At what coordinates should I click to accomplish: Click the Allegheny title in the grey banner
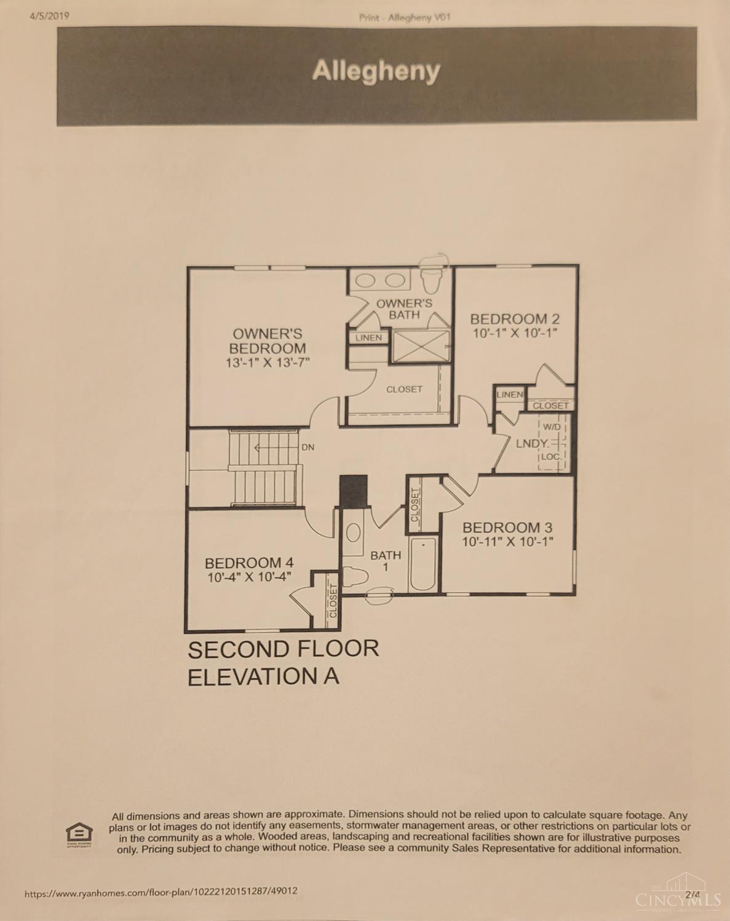coord(376,71)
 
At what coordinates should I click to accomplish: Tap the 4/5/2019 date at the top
coord(50,16)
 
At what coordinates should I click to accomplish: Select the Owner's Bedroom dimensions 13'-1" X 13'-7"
coord(268,363)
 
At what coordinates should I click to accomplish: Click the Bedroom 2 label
coord(515,319)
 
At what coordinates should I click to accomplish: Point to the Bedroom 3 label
coord(507,528)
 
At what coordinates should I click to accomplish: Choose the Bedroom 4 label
coord(249,563)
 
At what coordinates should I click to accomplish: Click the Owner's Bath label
coord(404,309)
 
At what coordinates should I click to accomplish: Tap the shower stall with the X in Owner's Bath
coord(421,346)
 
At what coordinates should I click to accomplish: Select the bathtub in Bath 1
coord(423,564)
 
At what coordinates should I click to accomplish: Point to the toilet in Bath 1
coord(356,577)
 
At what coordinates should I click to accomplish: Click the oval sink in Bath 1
coord(353,533)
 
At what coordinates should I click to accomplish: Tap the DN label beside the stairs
coord(308,447)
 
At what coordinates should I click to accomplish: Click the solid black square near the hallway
coord(354,491)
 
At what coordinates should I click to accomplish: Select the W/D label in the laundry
coord(552,427)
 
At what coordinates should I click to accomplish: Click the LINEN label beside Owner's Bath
coord(368,338)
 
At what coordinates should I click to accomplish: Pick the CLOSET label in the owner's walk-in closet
coord(404,389)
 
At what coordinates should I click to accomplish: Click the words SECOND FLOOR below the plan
coord(284,649)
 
